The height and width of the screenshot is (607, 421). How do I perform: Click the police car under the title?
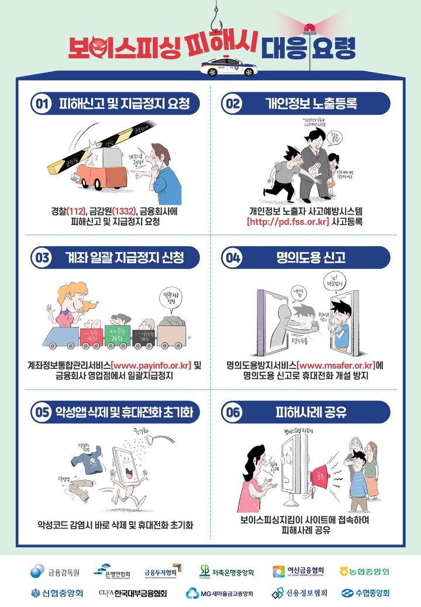click(227, 67)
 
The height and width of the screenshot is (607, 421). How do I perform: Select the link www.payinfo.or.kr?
click(150, 365)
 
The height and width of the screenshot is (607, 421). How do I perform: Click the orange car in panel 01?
click(96, 167)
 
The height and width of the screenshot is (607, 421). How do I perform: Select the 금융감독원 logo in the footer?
click(55, 571)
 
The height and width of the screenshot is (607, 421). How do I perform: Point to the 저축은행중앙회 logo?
click(226, 571)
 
